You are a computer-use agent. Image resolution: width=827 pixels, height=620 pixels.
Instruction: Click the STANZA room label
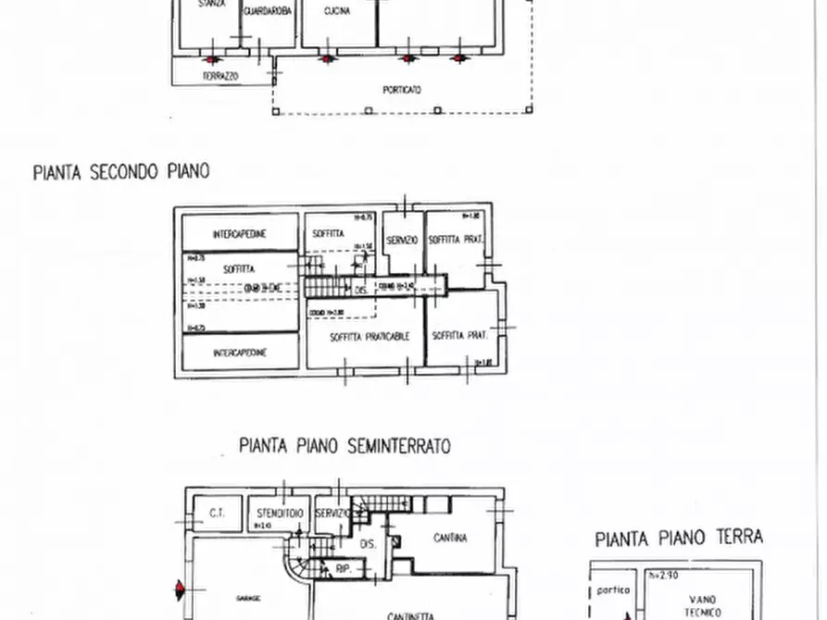(x=211, y=5)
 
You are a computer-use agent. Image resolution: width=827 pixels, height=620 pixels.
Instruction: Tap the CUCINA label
(x=337, y=11)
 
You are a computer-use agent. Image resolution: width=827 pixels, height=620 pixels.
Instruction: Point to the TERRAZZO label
(x=220, y=76)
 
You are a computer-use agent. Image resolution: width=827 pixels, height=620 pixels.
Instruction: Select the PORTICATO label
(x=402, y=90)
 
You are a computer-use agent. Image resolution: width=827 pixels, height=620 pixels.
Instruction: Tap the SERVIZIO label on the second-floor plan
(x=402, y=241)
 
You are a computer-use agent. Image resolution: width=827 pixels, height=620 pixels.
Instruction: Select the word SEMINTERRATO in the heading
(x=398, y=446)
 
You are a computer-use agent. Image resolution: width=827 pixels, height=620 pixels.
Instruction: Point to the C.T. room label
(x=218, y=513)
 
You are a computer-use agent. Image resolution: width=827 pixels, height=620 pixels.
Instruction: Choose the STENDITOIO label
(x=277, y=512)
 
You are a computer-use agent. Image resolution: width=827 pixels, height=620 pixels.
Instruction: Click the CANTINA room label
(x=449, y=538)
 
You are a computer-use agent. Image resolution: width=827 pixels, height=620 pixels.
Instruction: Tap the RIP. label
(x=342, y=569)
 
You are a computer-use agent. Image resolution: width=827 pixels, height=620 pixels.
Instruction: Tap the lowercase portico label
(x=613, y=589)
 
